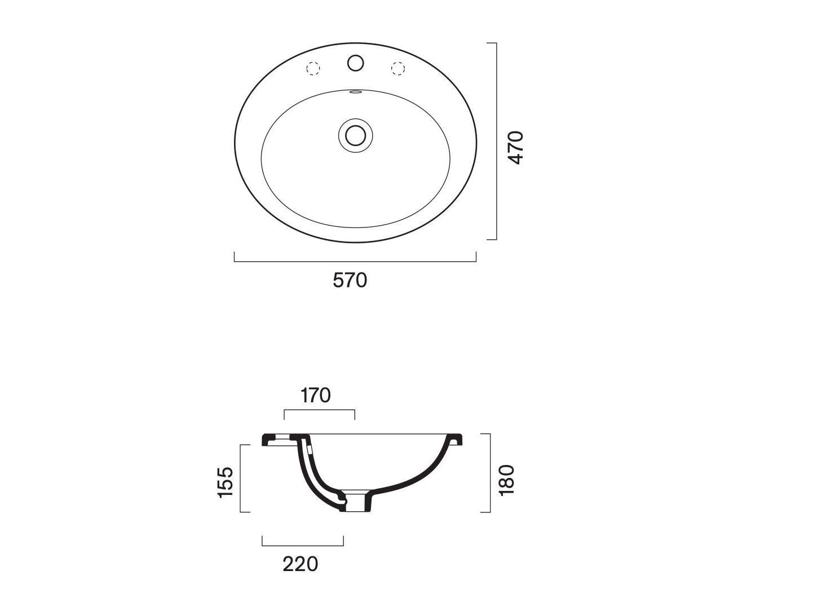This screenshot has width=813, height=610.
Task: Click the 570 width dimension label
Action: click(350, 280)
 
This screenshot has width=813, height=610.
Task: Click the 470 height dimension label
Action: click(515, 147)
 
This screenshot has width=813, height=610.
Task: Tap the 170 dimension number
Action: click(316, 396)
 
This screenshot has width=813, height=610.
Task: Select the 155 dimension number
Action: click(226, 482)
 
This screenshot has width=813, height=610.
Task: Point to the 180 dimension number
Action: click(507, 480)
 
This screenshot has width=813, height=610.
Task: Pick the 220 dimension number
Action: click(301, 564)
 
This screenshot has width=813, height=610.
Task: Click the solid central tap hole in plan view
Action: click(356, 63)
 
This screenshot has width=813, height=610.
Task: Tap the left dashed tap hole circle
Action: click(313, 68)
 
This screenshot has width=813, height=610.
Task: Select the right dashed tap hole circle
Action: click(398, 68)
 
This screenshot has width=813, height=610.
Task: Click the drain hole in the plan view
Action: click(356, 135)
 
